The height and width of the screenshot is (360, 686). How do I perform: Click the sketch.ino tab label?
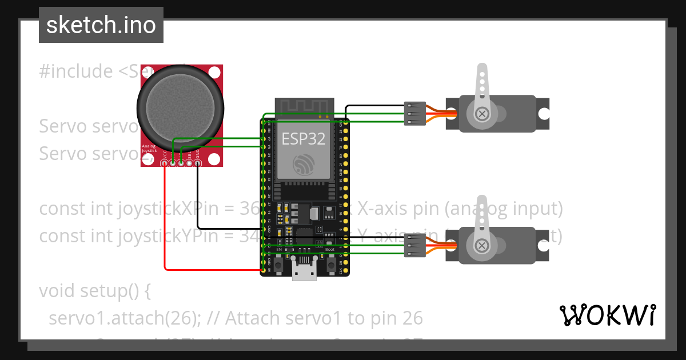click(x=101, y=25)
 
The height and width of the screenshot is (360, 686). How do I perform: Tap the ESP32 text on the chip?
click(x=304, y=138)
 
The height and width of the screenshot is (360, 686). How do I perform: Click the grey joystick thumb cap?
click(x=180, y=107)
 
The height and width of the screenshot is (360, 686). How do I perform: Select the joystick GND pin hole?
click(x=197, y=163)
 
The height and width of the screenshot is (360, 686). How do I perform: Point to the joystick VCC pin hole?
click(x=165, y=163)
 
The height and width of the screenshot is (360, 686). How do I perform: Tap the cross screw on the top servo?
click(x=482, y=114)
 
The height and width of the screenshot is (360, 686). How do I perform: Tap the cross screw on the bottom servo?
click(x=482, y=246)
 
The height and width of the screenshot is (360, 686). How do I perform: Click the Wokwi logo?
click(x=608, y=315)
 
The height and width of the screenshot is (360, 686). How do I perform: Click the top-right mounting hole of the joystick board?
click(x=214, y=73)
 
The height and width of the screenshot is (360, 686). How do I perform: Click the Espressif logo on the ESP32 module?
click(x=303, y=165)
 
